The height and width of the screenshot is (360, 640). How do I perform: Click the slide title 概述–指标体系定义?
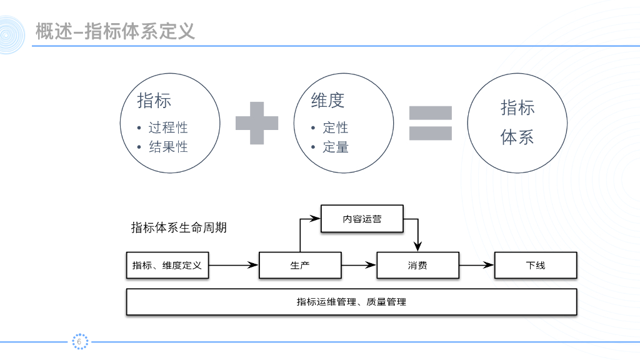pos(115,31)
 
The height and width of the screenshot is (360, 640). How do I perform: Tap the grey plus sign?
pos(257,122)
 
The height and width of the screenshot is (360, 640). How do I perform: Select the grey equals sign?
pos(430,122)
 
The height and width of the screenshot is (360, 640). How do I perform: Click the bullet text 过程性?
pos(168,127)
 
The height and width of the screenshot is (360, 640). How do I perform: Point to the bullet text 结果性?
pos(168,147)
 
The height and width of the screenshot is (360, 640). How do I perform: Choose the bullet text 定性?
pos(336,127)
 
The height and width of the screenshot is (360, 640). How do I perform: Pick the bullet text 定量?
pos(336,147)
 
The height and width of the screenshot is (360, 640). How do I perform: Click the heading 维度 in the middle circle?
pos(327,100)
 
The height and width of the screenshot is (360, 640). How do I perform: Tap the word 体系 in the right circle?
pos(517,137)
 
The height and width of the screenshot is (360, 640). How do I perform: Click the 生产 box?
pos(300,266)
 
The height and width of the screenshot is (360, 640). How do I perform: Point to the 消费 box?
pos(418,266)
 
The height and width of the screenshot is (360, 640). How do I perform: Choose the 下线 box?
pos(536,266)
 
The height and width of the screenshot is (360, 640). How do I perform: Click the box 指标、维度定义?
pos(167,266)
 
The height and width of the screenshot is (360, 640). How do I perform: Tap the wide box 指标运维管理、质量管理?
pos(351,302)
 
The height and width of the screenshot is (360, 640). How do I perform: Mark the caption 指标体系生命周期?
pos(179,227)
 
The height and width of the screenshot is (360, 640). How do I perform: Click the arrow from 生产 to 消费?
pos(359,266)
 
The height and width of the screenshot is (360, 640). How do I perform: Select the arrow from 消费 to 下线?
pos(476,266)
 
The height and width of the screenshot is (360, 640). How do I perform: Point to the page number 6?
pos(79,341)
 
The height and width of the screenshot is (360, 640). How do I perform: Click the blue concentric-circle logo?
pos(12,34)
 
